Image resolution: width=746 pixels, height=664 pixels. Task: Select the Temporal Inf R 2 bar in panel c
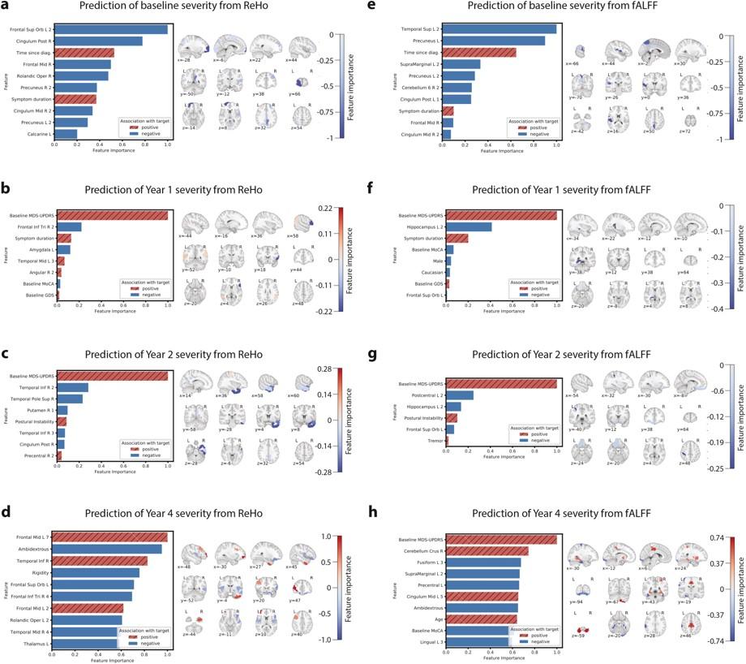click(71, 387)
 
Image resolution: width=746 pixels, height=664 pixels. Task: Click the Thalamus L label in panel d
click(38, 643)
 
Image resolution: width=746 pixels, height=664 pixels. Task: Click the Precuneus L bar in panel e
click(495, 41)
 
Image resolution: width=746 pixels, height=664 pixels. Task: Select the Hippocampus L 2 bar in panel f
click(468, 226)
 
